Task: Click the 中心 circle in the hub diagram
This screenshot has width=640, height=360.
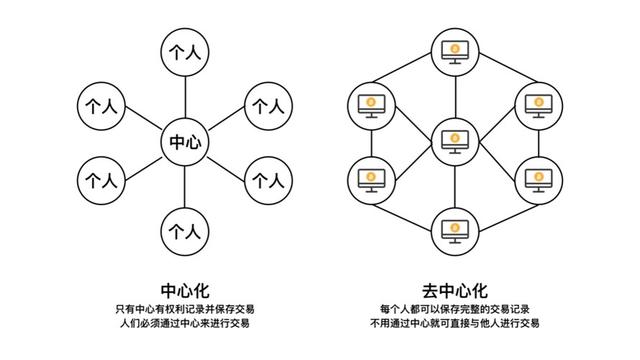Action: [185, 143]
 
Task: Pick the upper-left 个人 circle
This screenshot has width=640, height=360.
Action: [102, 104]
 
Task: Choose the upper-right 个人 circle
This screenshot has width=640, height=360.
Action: [267, 104]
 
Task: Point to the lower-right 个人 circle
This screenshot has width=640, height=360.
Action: [267, 181]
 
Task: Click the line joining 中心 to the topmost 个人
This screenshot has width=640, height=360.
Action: [185, 98]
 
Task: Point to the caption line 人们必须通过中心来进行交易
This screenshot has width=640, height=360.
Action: [185, 325]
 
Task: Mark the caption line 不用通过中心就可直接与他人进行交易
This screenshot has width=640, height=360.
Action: [455, 325]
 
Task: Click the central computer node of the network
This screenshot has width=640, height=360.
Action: [455, 139]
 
